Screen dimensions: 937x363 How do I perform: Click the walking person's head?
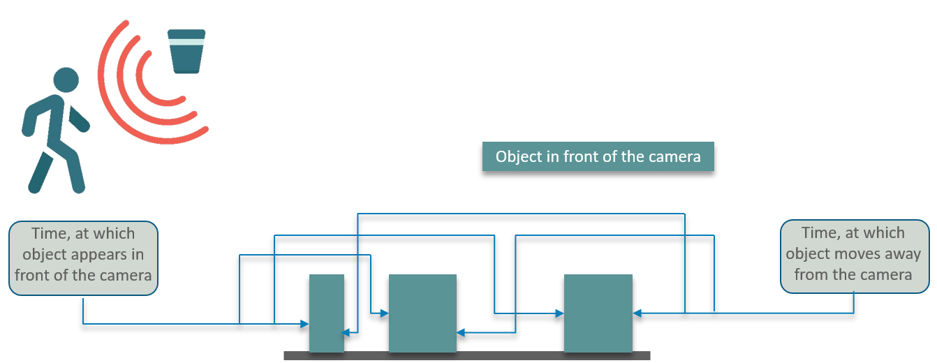[66, 80]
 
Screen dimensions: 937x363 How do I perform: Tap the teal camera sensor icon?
[186, 52]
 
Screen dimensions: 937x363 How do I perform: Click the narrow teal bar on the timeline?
[327, 313]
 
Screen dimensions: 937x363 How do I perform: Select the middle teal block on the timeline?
[422, 313]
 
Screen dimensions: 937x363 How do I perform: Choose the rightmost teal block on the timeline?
[598, 313]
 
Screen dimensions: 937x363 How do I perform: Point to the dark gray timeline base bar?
[467, 356]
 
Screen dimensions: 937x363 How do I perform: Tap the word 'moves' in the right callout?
[856, 254]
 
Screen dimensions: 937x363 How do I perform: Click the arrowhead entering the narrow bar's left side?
[304, 324]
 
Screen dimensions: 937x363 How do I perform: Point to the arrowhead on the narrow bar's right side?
[346, 333]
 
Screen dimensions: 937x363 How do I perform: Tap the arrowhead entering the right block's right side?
[637, 313]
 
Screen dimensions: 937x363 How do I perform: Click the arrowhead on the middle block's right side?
[461, 333]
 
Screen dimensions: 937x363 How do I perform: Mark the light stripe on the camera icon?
[186, 42]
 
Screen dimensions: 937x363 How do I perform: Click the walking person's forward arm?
[79, 119]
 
